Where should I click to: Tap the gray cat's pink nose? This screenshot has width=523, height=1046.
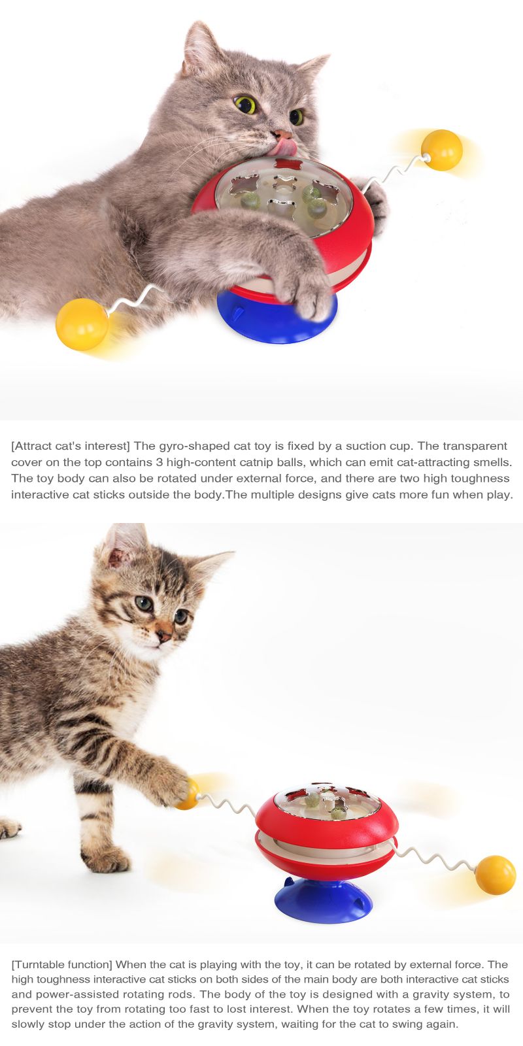point(282,134)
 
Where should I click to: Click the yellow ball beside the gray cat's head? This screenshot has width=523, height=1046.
point(442,150)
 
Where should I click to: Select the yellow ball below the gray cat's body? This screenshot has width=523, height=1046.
point(82,324)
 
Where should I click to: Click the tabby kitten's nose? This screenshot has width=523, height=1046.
point(164,635)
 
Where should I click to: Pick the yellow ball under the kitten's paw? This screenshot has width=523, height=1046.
point(188,794)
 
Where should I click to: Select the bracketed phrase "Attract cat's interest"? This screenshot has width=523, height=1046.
point(71,446)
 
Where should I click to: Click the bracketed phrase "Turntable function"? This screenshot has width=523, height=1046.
point(61,965)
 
